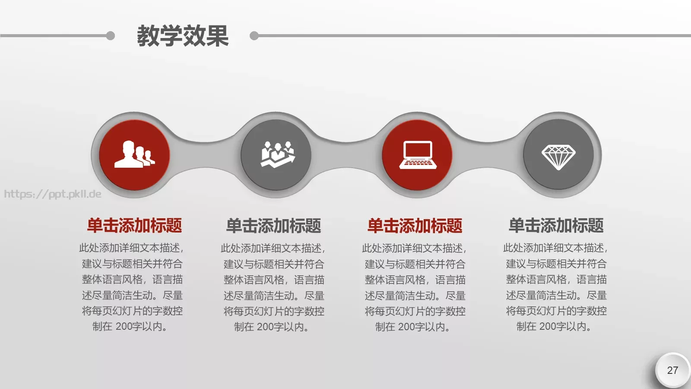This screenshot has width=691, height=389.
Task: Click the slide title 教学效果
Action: pyautogui.click(x=183, y=35)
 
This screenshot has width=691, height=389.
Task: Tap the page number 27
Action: pyautogui.click(x=672, y=370)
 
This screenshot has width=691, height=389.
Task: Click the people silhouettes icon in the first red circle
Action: pyautogui.click(x=134, y=154)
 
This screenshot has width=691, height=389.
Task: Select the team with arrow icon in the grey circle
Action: pyautogui.click(x=276, y=154)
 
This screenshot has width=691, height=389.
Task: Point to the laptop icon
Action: pyautogui.click(x=417, y=155)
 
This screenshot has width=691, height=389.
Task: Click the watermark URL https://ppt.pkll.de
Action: pyautogui.click(x=53, y=194)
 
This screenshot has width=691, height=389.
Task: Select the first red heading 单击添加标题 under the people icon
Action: pyautogui.click(x=134, y=226)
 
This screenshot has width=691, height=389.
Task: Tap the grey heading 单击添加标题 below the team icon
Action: pyautogui.click(x=274, y=226)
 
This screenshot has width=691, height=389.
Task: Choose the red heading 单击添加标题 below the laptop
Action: pyautogui.click(x=415, y=226)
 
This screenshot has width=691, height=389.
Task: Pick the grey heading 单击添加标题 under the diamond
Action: pyautogui.click(x=556, y=226)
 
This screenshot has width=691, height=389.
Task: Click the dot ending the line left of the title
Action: pyautogui.click(x=111, y=35)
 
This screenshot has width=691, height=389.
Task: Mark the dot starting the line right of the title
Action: pyautogui.click(x=254, y=35)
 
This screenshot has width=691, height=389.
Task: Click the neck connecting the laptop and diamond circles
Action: pyautogui.click(x=488, y=155)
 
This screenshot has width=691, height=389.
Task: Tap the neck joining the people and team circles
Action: pyautogui.click(x=205, y=155)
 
